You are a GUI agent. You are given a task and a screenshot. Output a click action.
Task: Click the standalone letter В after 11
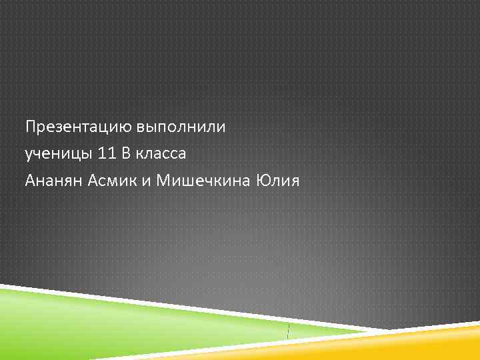point(126,154)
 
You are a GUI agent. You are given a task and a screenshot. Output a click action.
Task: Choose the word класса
point(162,154)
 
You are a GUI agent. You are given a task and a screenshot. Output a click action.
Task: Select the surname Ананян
point(54,181)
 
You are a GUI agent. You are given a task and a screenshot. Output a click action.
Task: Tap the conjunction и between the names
point(147,181)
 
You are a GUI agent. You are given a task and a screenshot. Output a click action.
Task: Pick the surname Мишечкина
point(203,181)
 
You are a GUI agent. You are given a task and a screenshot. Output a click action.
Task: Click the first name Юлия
point(279,181)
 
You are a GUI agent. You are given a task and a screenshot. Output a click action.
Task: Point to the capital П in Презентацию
point(29,127)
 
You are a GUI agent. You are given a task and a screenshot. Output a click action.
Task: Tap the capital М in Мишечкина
point(163,181)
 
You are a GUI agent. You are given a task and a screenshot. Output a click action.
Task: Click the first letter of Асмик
point(93,181)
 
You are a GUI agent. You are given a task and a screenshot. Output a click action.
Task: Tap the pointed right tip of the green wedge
point(387,330)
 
